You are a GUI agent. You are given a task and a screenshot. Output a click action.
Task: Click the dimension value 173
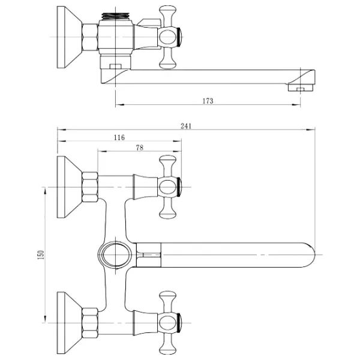point(208,100)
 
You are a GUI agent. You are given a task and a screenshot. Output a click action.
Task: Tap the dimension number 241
point(185,125)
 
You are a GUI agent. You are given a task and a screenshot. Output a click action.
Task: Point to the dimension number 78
point(139,147)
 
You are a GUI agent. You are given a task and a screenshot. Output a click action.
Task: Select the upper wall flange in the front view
point(68,187)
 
